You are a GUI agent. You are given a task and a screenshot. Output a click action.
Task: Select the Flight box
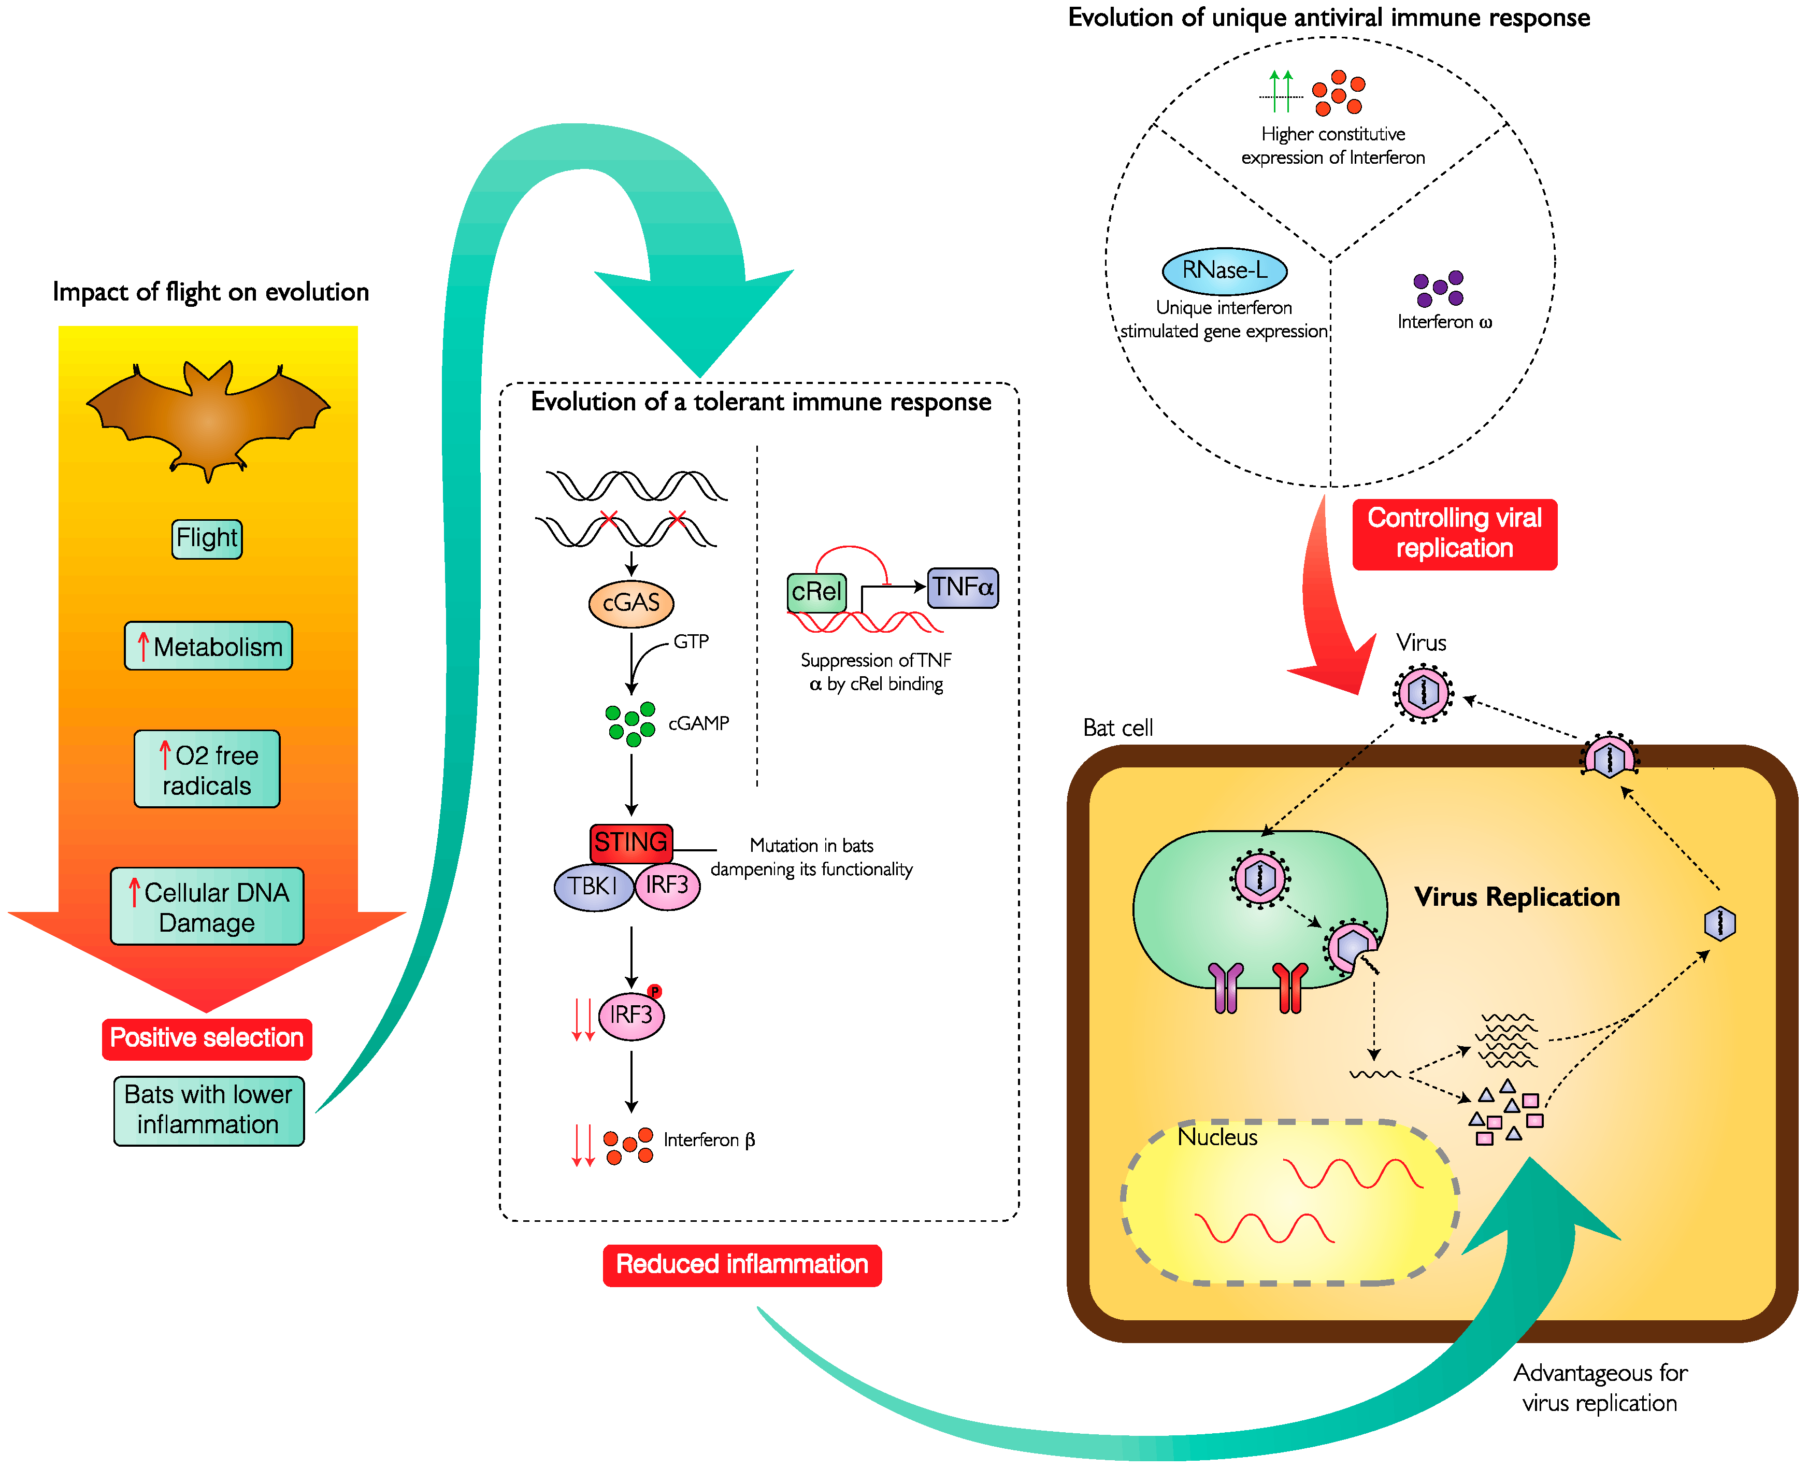[x=207, y=539]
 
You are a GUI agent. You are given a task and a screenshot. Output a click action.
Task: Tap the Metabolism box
[x=208, y=647]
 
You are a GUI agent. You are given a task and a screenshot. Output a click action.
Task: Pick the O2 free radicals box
[x=207, y=769]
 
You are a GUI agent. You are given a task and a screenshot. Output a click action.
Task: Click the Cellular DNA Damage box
[x=207, y=906]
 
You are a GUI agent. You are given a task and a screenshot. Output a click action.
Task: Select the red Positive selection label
[x=207, y=1038]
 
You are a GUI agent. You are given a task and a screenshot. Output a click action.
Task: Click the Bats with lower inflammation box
[x=209, y=1110]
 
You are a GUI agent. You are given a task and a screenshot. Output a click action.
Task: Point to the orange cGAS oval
[x=631, y=603]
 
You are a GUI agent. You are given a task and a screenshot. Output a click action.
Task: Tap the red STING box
[x=631, y=842]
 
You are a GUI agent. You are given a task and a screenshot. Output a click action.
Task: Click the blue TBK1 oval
[x=593, y=887]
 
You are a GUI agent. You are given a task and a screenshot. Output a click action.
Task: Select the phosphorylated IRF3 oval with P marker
[x=631, y=1016]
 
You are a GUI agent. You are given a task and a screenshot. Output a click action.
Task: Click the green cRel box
[x=816, y=592]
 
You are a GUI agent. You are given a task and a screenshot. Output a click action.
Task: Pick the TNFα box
[x=963, y=587]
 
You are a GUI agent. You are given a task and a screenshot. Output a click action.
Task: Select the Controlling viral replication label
[x=1454, y=534]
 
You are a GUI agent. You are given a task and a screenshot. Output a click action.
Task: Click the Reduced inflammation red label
[x=742, y=1265]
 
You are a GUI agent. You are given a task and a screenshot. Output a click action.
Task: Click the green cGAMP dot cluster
[x=631, y=723]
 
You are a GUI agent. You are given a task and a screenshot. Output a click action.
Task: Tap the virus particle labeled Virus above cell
[x=1424, y=693]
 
